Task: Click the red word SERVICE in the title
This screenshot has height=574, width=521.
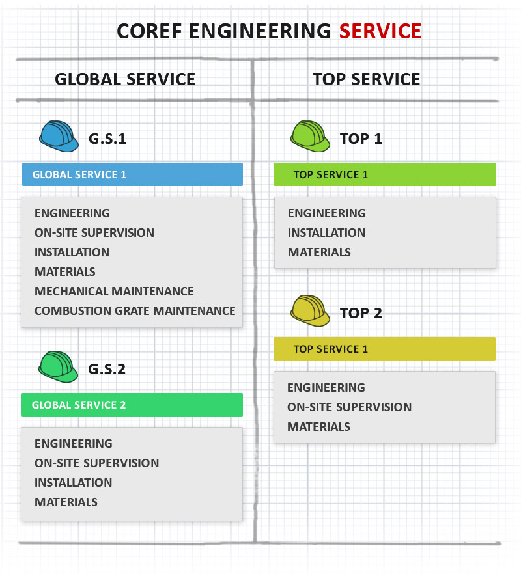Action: (380, 31)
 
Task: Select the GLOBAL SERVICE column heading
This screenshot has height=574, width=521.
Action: (125, 79)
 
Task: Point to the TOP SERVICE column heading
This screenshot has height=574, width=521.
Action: (366, 79)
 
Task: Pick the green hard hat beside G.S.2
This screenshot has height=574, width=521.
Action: (59, 367)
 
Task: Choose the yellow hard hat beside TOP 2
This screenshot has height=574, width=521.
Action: (310, 311)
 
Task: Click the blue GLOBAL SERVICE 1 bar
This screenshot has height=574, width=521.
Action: (132, 174)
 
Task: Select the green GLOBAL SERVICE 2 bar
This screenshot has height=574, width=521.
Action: (132, 405)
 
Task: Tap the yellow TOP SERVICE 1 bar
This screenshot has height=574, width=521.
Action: (384, 349)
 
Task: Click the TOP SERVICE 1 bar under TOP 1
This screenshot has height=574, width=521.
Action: (384, 174)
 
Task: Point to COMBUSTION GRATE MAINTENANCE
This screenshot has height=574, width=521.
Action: (135, 310)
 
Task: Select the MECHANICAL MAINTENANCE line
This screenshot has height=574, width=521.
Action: (114, 291)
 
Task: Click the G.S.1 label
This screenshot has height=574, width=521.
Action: (107, 139)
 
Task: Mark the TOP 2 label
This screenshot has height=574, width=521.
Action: (361, 313)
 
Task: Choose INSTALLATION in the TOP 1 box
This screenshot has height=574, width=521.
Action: (326, 232)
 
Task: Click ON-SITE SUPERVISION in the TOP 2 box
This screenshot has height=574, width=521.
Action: (349, 407)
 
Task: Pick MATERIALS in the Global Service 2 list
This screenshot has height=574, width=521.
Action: (66, 502)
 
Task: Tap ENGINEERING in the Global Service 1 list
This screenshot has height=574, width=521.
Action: (72, 213)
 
